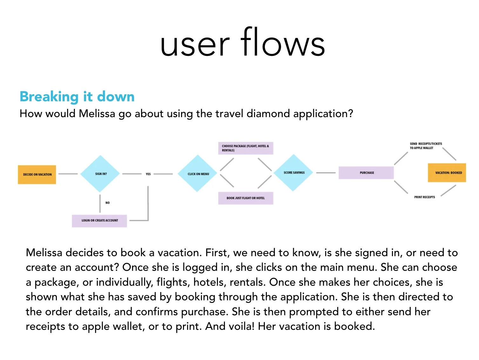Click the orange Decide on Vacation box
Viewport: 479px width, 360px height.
(x=37, y=174)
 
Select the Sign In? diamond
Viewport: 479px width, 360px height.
(x=100, y=174)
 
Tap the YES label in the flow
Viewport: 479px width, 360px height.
(x=148, y=174)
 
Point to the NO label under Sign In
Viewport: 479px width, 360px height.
(x=107, y=203)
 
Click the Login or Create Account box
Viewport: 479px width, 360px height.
(x=99, y=220)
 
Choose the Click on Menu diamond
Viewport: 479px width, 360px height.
(x=198, y=174)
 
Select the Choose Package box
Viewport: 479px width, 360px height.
(x=246, y=148)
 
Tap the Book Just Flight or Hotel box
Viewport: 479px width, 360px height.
(x=246, y=198)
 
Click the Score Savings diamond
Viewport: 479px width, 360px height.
(x=294, y=173)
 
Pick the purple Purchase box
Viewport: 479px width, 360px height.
(x=366, y=173)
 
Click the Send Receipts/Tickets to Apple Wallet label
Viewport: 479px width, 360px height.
(x=425, y=146)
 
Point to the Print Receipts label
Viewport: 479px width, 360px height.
(x=424, y=197)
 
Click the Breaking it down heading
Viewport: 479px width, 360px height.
(x=77, y=97)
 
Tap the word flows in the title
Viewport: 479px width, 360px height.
(x=283, y=43)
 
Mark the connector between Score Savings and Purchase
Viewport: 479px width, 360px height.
(x=326, y=173)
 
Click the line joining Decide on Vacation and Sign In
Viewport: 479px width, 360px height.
(x=68, y=174)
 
